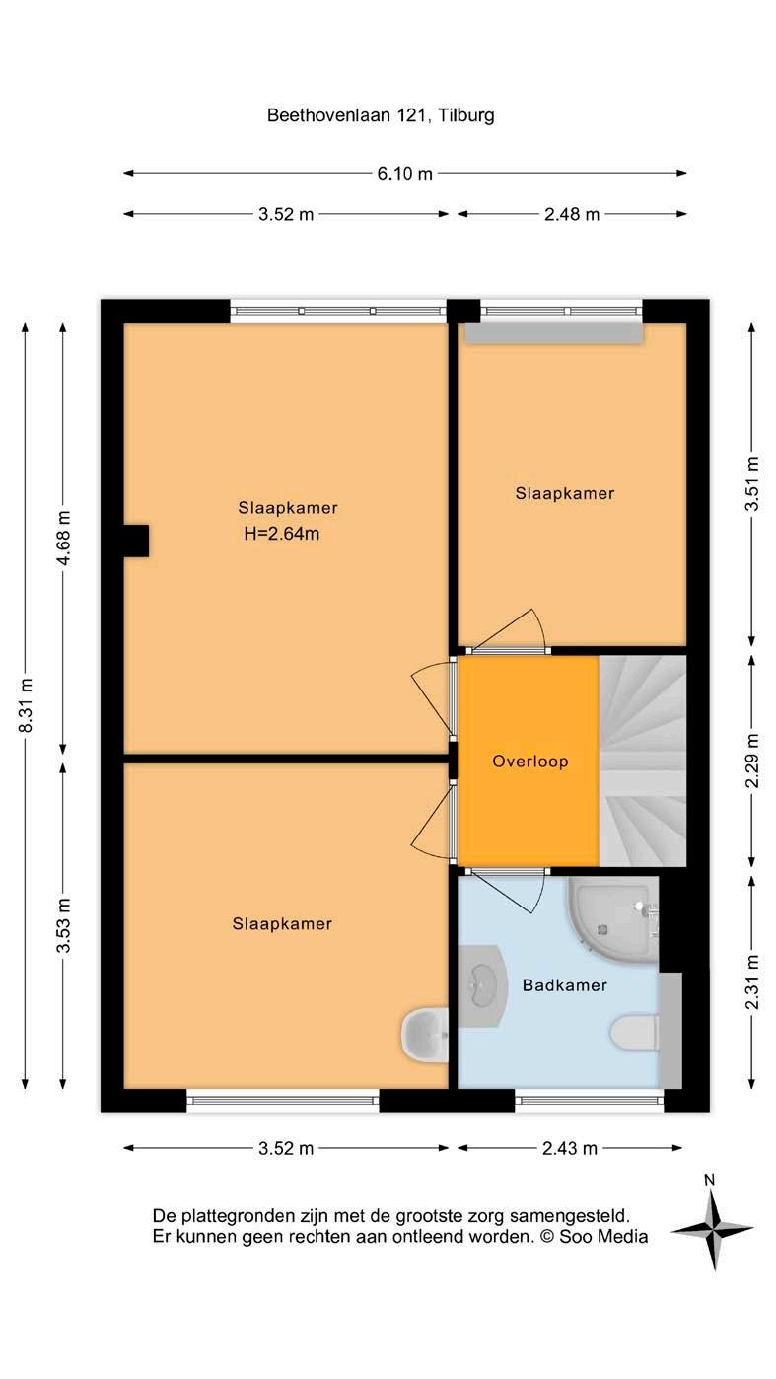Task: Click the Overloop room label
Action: [529, 762]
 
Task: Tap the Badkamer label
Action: [564, 985]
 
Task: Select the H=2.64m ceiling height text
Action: [282, 534]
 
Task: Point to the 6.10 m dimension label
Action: [404, 173]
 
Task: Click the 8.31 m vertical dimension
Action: [26, 705]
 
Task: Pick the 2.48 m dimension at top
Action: [572, 214]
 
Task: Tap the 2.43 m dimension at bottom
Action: [570, 1148]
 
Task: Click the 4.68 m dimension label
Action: [63, 538]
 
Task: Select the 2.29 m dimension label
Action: [752, 761]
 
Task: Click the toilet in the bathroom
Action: [635, 1033]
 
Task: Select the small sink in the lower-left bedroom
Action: [425, 1035]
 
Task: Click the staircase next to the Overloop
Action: [643, 762]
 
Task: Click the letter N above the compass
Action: [710, 1180]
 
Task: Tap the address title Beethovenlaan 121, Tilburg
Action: [381, 115]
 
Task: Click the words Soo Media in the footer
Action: [603, 1236]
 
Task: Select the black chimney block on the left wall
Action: [137, 541]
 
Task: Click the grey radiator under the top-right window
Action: [554, 332]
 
